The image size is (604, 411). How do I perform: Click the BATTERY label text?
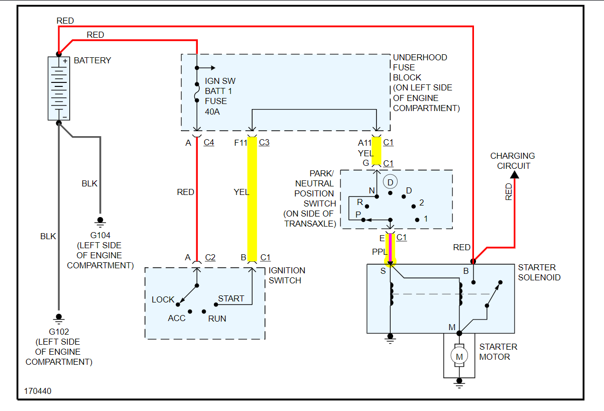[92, 60]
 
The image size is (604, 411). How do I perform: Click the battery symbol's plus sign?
[65, 61]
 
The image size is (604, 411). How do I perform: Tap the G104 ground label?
[100, 235]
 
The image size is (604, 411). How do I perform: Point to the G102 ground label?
[59, 332]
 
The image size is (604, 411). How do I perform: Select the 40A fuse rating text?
[212, 112]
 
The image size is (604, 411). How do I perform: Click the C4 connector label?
[209, 143]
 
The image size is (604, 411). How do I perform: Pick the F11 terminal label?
[241, 143]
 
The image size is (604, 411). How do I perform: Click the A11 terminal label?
[365, 143]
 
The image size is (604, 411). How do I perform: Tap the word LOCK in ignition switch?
[163, 299]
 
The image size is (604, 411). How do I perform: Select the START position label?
[231, 298]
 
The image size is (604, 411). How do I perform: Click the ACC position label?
[177, 319]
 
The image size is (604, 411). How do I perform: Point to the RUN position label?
[217, 319]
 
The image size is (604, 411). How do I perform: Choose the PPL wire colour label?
[380, 252]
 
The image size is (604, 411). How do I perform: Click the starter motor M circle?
[458, 356]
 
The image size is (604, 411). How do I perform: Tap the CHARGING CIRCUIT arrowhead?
[514, 174]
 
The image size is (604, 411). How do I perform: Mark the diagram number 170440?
[38, 391]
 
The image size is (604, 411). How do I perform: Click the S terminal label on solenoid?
[383, 271]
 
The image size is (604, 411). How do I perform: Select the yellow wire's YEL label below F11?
[241, 192]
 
